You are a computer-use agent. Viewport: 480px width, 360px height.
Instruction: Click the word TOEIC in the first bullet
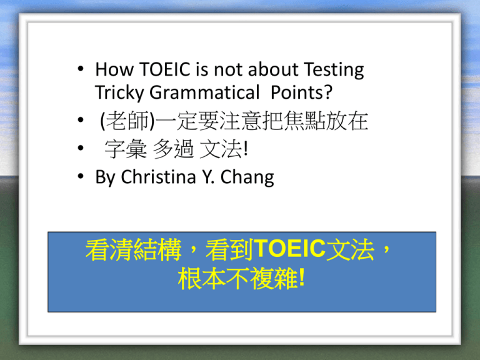pyautogui.click(x=165, y=69)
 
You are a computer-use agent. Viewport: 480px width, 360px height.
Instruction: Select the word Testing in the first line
pyautogui.click(x=334, y=70)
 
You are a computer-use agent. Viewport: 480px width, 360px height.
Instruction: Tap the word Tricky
pyautogui.click(x=119, y=93)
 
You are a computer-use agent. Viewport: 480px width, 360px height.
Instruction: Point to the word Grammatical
pyautogui.click(x=204, y=92)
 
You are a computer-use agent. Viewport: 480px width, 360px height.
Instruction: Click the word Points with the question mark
pyautogui.click(x=301, y=92)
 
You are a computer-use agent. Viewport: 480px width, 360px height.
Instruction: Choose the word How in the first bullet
pyautogui.click(x=114, y=69)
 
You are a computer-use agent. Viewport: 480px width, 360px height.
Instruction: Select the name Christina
pyautogui.click(x=158, y=177)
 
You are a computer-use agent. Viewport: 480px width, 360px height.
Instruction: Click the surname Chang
pyautogui.click(x=247, y=177)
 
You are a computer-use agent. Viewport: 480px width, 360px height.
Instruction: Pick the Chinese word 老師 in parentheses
pyautogui.click(x=127, y=121)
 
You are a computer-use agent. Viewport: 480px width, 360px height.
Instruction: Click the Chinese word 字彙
pyautogui.click(x=126, y=149)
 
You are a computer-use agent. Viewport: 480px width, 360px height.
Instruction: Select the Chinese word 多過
pyautogui.click(x=173, y=149)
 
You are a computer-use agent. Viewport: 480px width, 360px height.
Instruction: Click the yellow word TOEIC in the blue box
pyautogui.click(x=289, y=249)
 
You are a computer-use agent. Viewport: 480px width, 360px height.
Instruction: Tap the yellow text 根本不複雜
pyautogui.click(x=238, y=278)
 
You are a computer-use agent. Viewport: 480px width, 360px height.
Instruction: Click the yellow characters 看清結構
pyautogui.click(x=134, y=250)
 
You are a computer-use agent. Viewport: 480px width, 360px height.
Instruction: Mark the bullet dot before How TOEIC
pyautogui.click(x=81, y=69)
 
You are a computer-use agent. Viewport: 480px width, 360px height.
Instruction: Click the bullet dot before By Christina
pyautogui.click(x=81, y=176)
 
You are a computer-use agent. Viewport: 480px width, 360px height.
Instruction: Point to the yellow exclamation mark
pyautogui.click(x=302, y=277)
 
